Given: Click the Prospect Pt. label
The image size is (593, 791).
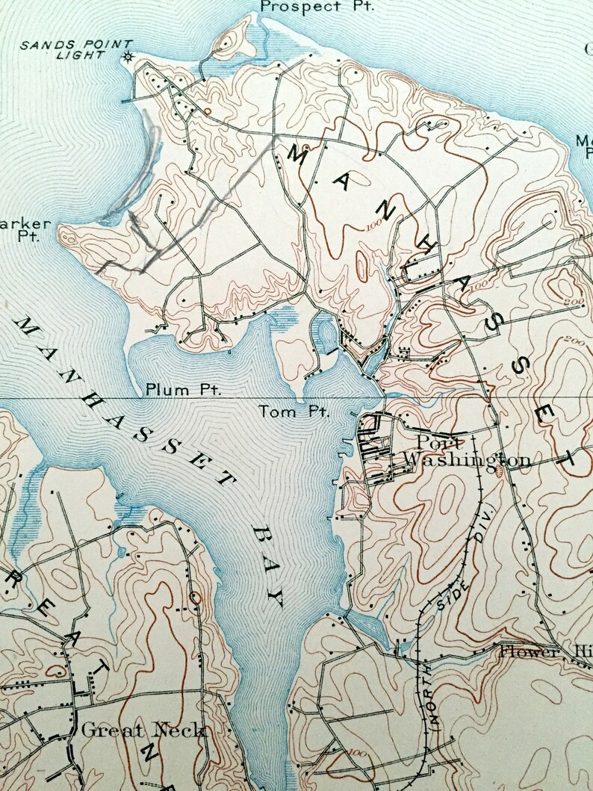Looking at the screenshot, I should click(317, 6).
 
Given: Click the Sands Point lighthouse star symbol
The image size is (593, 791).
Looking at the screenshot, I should click(128, 56).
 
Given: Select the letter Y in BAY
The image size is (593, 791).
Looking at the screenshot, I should click(277, 598).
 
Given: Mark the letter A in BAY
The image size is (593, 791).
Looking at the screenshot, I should click(269, 565).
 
